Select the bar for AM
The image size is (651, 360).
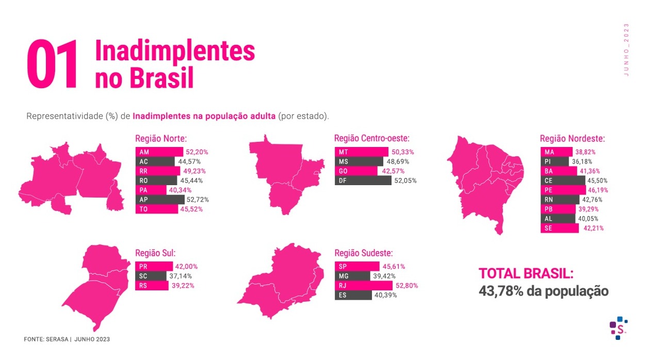coord(159,152)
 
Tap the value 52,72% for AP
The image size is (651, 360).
coord(198,200)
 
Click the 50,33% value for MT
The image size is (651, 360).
coord(403,152)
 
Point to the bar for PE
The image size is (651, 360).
coord(560,190)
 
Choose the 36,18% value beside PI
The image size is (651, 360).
coord(581,161)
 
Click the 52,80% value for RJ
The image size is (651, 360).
coord(406,286)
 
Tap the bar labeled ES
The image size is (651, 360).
coord(353,296)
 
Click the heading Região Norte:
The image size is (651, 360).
coord(160,139)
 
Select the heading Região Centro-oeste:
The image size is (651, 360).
coord(371,139)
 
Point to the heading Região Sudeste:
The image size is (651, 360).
coord(364,253)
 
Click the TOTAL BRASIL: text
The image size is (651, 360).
coord(526,273)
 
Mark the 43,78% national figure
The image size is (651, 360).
coord(500,291)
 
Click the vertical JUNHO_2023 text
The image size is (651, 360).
coord(626,50)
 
